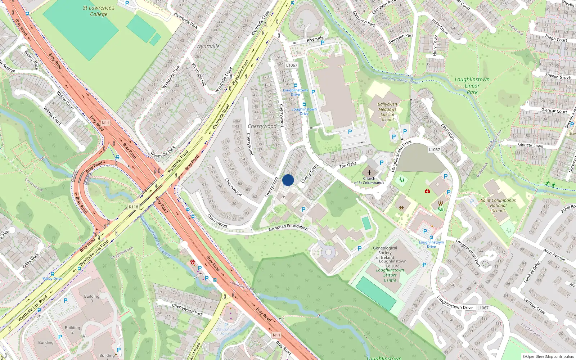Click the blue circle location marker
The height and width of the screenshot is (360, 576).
click(288, 180)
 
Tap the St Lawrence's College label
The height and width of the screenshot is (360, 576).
click(99, 11)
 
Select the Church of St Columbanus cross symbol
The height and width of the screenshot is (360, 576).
click(369, 173)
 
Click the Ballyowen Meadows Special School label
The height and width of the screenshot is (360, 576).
click(387, 112)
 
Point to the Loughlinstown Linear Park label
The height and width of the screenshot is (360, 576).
click(472, 85)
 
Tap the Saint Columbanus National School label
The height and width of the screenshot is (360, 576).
click(498, 206)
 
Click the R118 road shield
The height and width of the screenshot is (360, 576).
click(134, 207)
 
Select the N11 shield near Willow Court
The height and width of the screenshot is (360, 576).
click(105, 123)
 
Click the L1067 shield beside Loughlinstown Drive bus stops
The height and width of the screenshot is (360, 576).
click(292, 65)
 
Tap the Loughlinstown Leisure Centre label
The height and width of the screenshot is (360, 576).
click(390, 275)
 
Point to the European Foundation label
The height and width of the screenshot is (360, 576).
click(288, 227)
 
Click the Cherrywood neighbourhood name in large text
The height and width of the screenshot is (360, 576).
click(262, 126)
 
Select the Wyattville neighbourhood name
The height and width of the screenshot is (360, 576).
click(208, 46)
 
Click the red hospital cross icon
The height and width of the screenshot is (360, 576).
click(427, 191)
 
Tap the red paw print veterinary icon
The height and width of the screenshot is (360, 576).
click(193, 262)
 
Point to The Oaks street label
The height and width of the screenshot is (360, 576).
click(348, 165)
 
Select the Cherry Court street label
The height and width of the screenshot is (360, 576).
click(309, 174)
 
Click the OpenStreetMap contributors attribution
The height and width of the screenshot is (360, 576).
click(548, 356)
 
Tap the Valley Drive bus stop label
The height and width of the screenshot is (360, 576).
click(53, 279)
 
